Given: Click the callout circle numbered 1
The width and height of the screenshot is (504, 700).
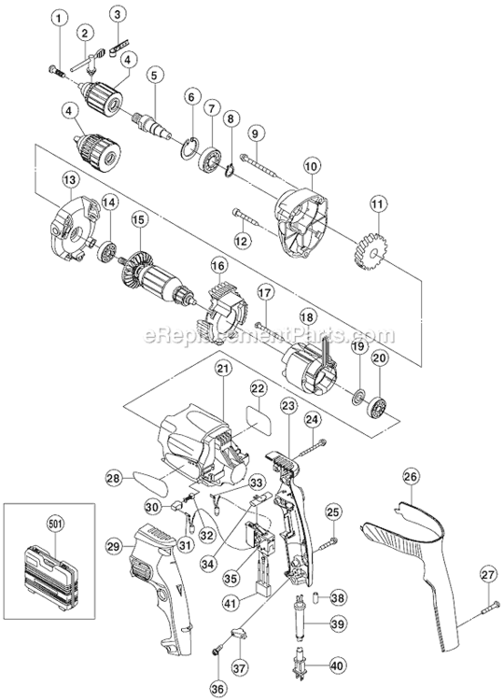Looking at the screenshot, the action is [61, 19].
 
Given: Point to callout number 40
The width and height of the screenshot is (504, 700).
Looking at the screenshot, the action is [338, 665].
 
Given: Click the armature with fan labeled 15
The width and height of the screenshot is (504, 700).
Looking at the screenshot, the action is [158, 277].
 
